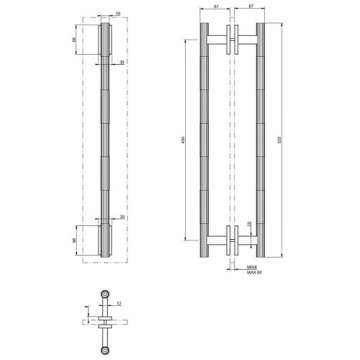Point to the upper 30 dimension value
(x=122, y=63)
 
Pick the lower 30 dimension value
(x=122, y=216)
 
